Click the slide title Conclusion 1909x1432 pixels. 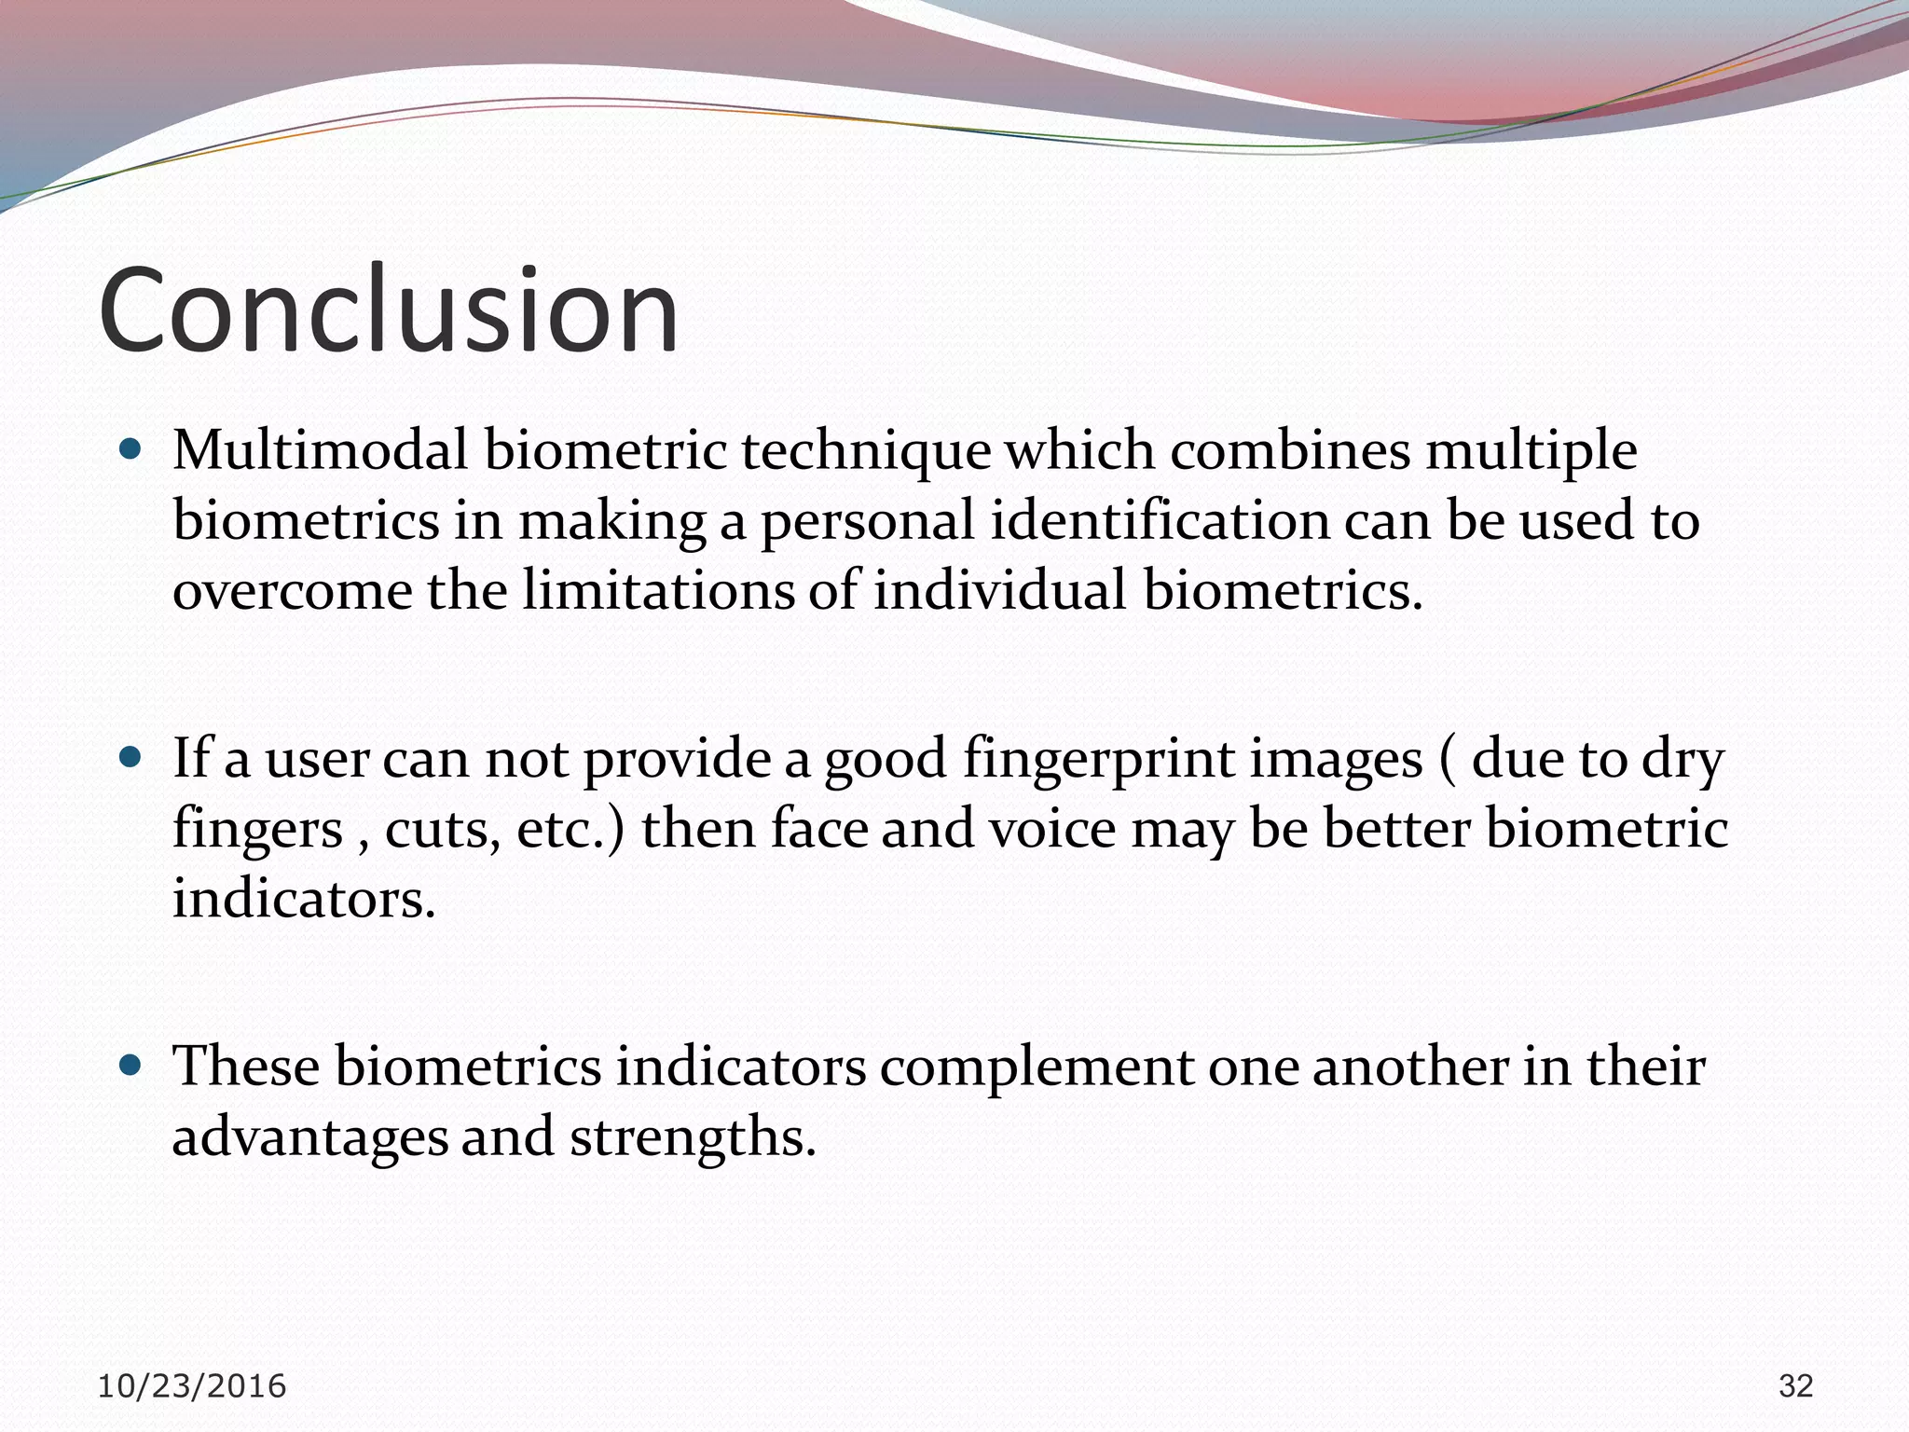[x=388, y=310]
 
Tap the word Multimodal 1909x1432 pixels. [x=320, y=450]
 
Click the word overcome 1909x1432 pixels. [x=292, y=592]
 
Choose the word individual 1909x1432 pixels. [x=998, y=590]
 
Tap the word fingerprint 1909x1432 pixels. [x=1098, y=760]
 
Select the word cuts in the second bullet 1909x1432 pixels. [x=436, y=829]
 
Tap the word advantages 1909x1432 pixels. [x=309, y=1138]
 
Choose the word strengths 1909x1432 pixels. [x=693, y=1138]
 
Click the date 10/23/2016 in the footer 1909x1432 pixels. [x=192, y=1386]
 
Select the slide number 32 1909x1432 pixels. [x=1795, y=1386]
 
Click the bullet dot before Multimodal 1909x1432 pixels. [x=130, y=450]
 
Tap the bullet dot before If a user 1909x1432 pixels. [x=130, y=756]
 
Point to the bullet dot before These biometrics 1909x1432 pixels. [x=130, y=1064]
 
